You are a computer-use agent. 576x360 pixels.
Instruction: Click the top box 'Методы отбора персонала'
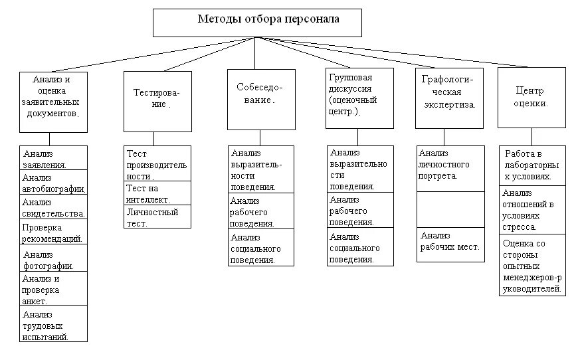point(257,22)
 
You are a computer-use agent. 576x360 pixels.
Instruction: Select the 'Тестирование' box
point(157,101)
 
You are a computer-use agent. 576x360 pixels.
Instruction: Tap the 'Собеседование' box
point(260,99)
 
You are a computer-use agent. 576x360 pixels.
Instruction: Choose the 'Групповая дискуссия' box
point(359,98)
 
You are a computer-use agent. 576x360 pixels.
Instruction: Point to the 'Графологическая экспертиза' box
point(449,98)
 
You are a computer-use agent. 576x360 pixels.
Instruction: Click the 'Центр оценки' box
point(531,97)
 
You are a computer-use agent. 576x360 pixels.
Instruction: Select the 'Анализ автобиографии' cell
point(54,183)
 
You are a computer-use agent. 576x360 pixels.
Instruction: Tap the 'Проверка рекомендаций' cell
point(54,232)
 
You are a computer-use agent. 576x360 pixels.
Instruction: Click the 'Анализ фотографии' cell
point(54,259)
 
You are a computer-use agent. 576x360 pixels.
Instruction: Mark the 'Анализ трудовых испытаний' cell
point(54,325)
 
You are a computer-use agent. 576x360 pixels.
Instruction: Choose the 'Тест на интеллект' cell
point(157,193)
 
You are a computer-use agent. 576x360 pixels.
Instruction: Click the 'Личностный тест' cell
point(157,217)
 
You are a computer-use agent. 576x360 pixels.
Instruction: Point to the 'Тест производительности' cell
point(157,164)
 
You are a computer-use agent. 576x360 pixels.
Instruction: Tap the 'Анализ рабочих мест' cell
point(450,244)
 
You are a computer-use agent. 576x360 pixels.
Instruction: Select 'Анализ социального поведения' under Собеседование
point(260,248)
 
